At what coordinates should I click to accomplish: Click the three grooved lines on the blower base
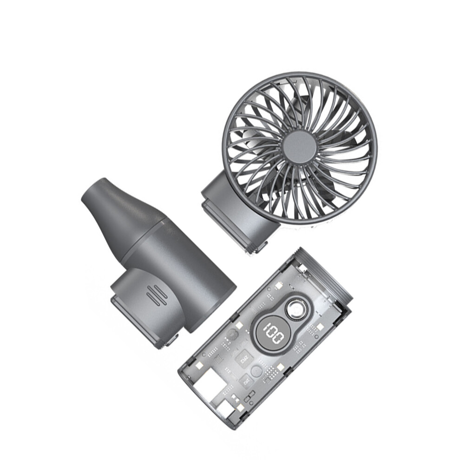pyautogui.click(x=155, y=293)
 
